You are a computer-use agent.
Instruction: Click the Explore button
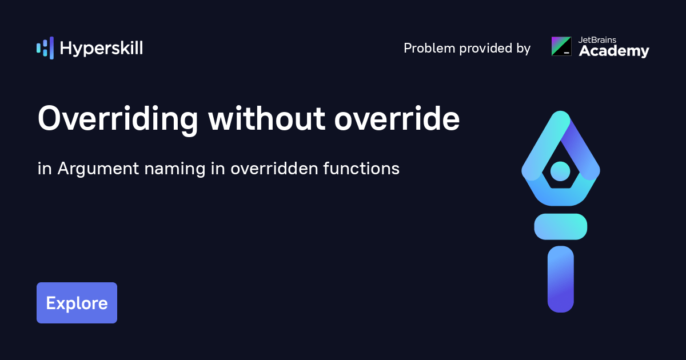click(77, 303)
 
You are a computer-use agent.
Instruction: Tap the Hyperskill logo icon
click(45, 48)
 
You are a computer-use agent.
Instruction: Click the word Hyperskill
click(101, 49)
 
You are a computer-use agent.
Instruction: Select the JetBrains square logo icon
click(561, 46)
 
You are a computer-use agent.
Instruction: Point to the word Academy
click(614, 52)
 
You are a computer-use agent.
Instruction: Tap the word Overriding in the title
click(118, 120)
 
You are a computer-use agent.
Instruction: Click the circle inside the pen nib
click(560, 170)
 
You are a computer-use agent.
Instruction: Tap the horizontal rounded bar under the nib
click(560, 226)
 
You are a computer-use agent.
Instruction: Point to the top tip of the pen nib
click(560, 117)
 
